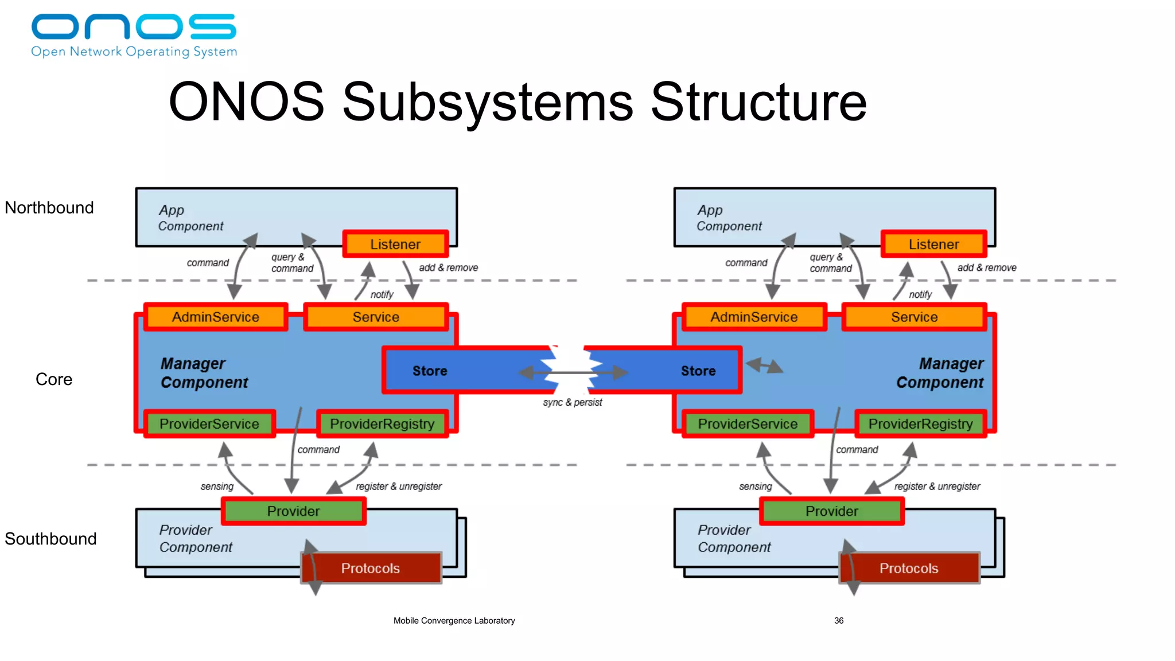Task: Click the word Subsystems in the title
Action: (x=488, y=102)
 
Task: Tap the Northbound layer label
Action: (x=49, y=208)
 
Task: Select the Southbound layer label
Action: (x=50, y=539)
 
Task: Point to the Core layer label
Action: (x=54, y=379)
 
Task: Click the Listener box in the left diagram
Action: (x=395, y=244)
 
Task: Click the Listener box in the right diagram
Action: (x=933, y=244)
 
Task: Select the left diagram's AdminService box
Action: (x=216, y=317)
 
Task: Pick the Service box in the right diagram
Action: (x=914, y=317)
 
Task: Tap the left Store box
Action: (x=430, y=371)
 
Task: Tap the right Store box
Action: (x=698, y=371)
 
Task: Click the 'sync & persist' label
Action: (x=573, y=402)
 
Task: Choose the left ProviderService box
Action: (x=209, y=424)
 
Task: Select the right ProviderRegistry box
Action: (x=920, y=424)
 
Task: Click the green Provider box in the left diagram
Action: (x=293, y=511)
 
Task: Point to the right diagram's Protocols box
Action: (x=909, y=568)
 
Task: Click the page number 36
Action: (x=839, y=621)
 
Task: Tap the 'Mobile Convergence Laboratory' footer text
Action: (x=454, y=621)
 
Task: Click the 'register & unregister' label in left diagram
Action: (x=399, y=487)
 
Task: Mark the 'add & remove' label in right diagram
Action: (x=987, y=268)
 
